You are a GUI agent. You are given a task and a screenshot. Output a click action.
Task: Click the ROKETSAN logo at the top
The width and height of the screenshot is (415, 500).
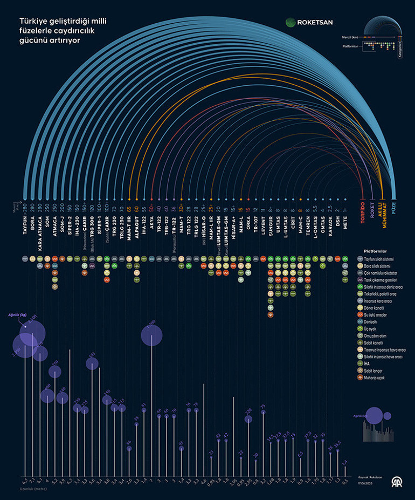click(309, 22)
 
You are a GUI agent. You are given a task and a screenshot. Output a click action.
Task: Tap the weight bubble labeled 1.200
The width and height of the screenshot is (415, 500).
click(151, 335)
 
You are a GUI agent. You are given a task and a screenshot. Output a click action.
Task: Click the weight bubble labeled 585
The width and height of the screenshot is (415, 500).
click(93, 363)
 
